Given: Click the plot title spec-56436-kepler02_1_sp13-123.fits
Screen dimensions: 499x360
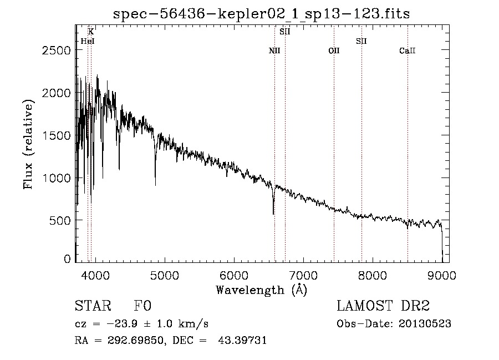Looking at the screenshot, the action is (261, 14).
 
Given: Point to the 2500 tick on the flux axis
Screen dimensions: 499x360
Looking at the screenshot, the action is (57, 50).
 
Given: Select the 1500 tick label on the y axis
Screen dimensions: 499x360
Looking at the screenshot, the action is (57, 135).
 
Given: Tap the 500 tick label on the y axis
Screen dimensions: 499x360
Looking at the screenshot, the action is (60, 221).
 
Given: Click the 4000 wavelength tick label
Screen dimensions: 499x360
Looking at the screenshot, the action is (95, 275).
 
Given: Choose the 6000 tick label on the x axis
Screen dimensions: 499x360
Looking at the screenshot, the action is (234, 275).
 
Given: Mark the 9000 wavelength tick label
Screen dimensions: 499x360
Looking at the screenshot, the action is (442, 275).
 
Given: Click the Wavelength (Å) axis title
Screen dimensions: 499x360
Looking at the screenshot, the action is (262, 290).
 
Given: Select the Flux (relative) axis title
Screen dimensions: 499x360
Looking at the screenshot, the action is (28, 144).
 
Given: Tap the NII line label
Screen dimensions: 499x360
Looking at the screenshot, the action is (274, 50).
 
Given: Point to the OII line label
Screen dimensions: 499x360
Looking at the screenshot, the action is (334, 50).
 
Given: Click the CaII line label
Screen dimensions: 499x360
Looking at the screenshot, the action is (408, 50).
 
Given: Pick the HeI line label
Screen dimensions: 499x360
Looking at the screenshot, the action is (88, 41).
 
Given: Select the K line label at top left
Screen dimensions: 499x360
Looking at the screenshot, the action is (91, 32).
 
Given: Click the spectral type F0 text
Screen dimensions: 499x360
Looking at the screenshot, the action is (142, 306).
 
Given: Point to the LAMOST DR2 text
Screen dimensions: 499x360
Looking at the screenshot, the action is (383, 306).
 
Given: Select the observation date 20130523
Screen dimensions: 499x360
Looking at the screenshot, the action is (425, 324).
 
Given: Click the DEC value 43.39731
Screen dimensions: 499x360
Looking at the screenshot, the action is (242, 340).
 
